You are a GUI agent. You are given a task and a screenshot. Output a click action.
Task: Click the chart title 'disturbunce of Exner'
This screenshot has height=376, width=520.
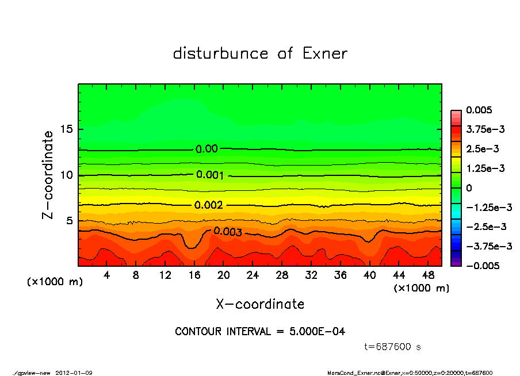point(260,54)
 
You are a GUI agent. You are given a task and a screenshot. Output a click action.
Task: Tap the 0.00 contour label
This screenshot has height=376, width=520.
point(207,149)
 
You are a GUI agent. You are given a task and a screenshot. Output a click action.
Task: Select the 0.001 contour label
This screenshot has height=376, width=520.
point(210,175)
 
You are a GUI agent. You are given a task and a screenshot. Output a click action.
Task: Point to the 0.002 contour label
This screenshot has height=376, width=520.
point(208,205)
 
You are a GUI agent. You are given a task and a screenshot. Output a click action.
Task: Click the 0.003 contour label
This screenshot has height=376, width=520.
point(228,232)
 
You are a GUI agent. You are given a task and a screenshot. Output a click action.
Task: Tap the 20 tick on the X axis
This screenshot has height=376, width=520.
point(224,275)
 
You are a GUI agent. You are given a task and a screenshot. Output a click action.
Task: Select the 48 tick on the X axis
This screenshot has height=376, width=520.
point(428,275)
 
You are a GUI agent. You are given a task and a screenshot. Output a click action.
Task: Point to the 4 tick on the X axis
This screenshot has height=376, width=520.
point(107,275)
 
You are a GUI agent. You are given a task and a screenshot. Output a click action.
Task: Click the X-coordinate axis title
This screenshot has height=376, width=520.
point(260,304)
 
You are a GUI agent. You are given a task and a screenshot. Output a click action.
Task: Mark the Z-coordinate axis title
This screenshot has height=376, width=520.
point(48,174)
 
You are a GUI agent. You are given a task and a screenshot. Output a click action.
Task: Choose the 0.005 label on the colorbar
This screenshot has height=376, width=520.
point(480,110)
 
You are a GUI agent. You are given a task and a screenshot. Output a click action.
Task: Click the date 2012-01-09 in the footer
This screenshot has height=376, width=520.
point(74,373)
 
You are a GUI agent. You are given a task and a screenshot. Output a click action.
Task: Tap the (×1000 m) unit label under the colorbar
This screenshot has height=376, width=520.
point(421,288)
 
